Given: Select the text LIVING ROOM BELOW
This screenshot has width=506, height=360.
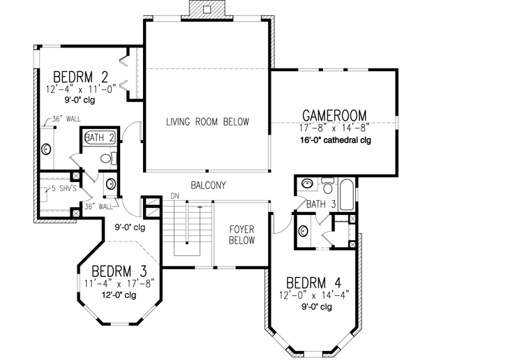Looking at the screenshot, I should click(x=207, y=122).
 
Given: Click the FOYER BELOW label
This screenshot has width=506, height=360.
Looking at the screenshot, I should click(x=240, y=234).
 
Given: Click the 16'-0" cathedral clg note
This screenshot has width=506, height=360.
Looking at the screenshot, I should click(x=334, y=140).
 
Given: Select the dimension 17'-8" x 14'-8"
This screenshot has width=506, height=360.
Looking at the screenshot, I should click(x=334, y=128).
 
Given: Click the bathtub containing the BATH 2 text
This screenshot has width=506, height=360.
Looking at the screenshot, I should click(x=99, y=138).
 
